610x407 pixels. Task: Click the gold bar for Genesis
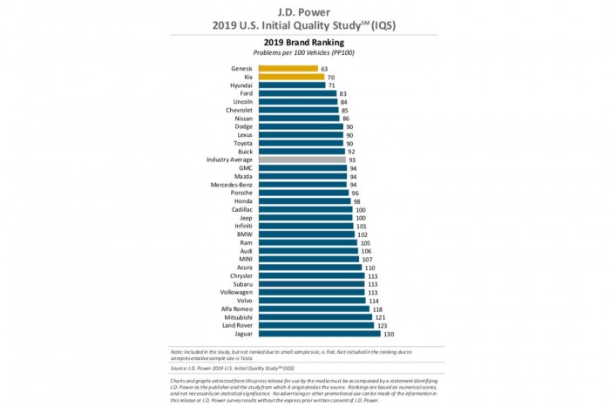288,67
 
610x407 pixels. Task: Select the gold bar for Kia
291,76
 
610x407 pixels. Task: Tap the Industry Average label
230,159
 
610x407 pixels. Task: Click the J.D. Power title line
305,11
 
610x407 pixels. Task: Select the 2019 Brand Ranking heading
305,41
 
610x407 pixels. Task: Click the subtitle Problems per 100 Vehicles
305,51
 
